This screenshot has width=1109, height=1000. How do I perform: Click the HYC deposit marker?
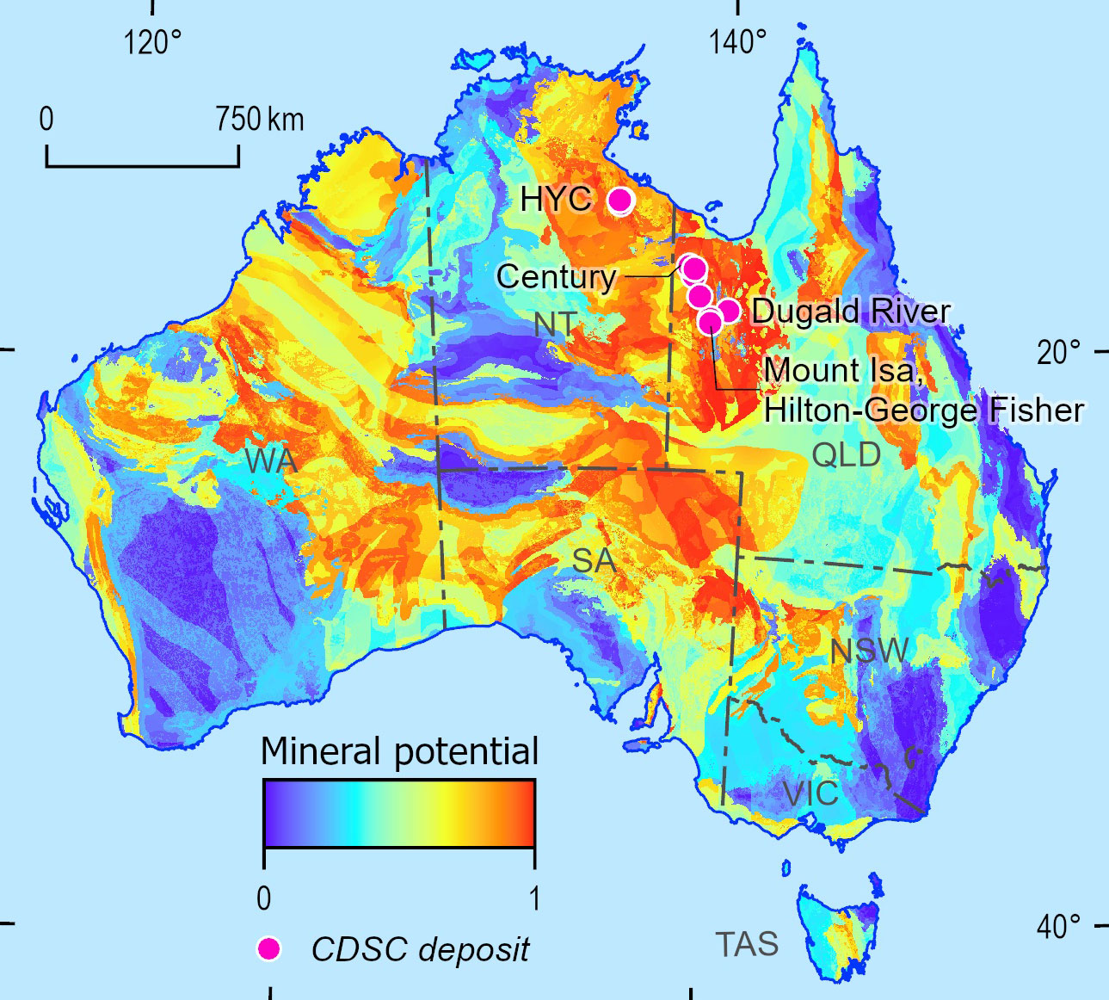coord(619,201)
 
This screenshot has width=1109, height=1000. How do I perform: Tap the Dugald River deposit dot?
coord(728,311)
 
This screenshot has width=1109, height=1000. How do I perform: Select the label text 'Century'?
coord(556,276)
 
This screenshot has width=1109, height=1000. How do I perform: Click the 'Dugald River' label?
coord(851,311)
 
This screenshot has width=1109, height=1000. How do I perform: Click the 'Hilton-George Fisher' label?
coord(923,410)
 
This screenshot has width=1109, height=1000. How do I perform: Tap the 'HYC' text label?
coord(556,200)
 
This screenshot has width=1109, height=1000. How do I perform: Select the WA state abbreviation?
coord(271,461)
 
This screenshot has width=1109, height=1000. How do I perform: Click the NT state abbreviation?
coord(554,324)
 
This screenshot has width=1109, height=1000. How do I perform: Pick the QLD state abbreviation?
coord(847,454)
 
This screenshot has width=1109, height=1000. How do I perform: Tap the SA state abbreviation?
coord(594,561)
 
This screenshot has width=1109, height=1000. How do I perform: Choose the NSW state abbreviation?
coord(869,651)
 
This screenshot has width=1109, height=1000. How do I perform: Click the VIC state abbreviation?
coord(810,793)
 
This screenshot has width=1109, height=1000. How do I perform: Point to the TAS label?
coord(747,945)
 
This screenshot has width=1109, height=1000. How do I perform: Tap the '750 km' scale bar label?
coord(260,119)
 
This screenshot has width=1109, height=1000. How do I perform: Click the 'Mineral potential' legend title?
coord(399,751)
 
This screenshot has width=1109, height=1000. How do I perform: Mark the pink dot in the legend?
coord(269,948)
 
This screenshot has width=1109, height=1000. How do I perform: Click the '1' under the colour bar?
coord(534,898)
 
